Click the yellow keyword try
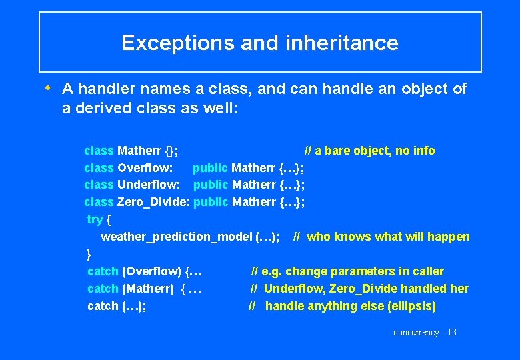tap(95, 219)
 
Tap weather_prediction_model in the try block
tap(176, 237)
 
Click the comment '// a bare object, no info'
tap(369, 151)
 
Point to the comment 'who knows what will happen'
tap(388, 237)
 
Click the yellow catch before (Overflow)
tap(103, 271)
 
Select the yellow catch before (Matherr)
tap(103, 289)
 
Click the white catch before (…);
tap(103, 306)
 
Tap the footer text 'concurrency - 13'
tap(425, 332)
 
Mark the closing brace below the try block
tap(89, 254)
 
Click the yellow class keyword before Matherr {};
tap(99, 151)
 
